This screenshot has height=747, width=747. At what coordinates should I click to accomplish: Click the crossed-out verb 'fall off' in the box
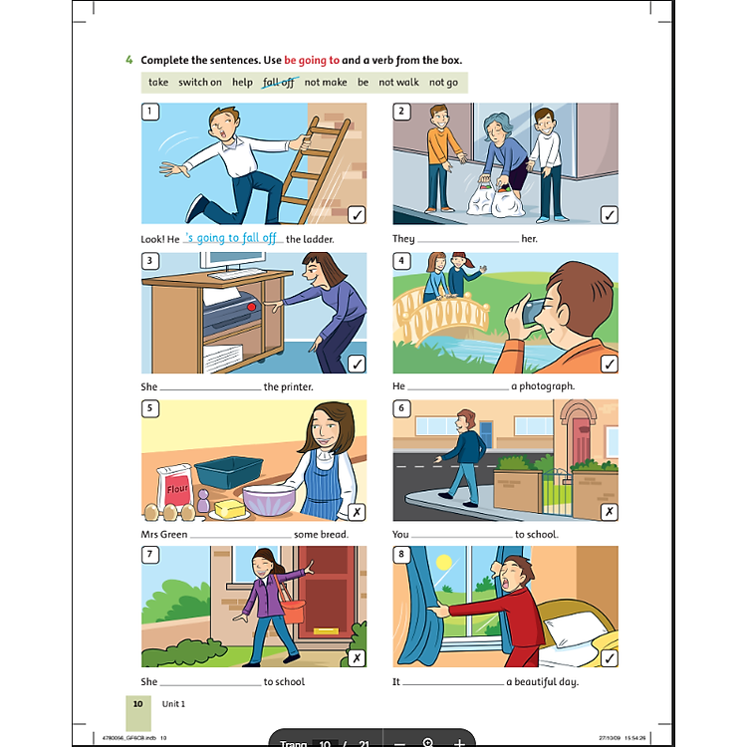[279, 83]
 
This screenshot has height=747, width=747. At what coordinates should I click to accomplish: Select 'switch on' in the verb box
[200, 83]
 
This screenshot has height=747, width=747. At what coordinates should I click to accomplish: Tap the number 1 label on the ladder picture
[150, 112]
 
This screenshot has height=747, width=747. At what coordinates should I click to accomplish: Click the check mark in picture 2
[609, 215]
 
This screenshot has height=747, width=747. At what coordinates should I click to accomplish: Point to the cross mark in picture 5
[357, 513]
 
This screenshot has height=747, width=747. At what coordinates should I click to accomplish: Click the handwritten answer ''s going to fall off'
[231, 238]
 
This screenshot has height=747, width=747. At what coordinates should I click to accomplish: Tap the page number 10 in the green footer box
[138, 703]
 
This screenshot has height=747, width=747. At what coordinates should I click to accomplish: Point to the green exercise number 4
[128, 60]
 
